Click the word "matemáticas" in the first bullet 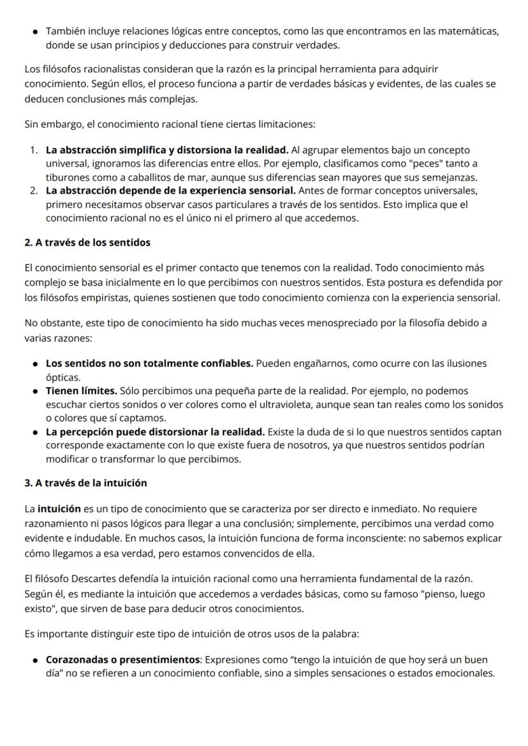[469, 31]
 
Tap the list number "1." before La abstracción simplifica [34, 150]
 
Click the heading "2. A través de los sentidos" [87, 242]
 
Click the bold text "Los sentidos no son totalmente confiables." [149, 363]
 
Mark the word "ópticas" [63, 377]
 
